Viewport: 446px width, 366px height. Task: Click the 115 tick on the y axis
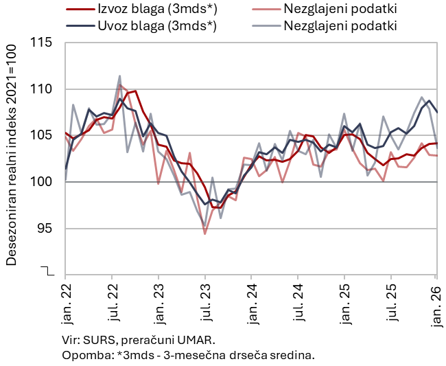(42, 43)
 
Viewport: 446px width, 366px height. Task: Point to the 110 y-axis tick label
(42, 89)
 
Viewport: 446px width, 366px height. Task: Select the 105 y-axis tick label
(42, 135)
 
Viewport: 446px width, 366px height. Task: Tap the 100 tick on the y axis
(42, 182)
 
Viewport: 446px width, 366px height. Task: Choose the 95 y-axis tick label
(45, 228)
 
